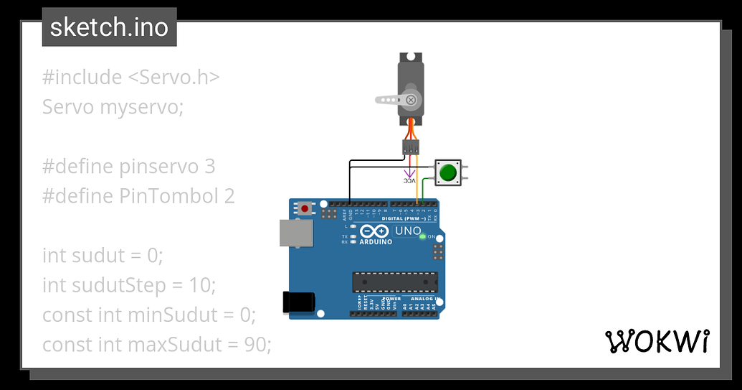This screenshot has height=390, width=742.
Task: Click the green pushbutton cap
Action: (448, 172)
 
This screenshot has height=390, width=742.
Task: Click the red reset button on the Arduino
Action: (305, 208)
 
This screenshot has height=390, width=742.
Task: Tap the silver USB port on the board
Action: (295, 234)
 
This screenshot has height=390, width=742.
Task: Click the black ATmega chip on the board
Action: (394, 282)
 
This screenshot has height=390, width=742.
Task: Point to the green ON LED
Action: (422, 236)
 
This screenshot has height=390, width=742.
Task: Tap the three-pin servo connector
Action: (411, 148)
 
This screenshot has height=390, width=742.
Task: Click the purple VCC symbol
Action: (409, 175)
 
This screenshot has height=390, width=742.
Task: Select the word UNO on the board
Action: (408, 231)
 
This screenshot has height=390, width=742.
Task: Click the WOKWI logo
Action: (657, 341)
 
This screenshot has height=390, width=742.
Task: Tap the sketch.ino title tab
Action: (109, 27)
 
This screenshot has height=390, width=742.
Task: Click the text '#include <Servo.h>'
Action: (130, 77)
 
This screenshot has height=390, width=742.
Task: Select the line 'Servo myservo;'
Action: (113, 107)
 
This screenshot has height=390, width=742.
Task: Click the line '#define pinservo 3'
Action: (128, 167)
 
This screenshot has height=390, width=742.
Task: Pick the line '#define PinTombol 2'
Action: (138, 196)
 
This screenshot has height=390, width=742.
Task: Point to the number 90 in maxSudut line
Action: (255, 345)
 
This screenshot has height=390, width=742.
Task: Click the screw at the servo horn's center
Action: (411, 100)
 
